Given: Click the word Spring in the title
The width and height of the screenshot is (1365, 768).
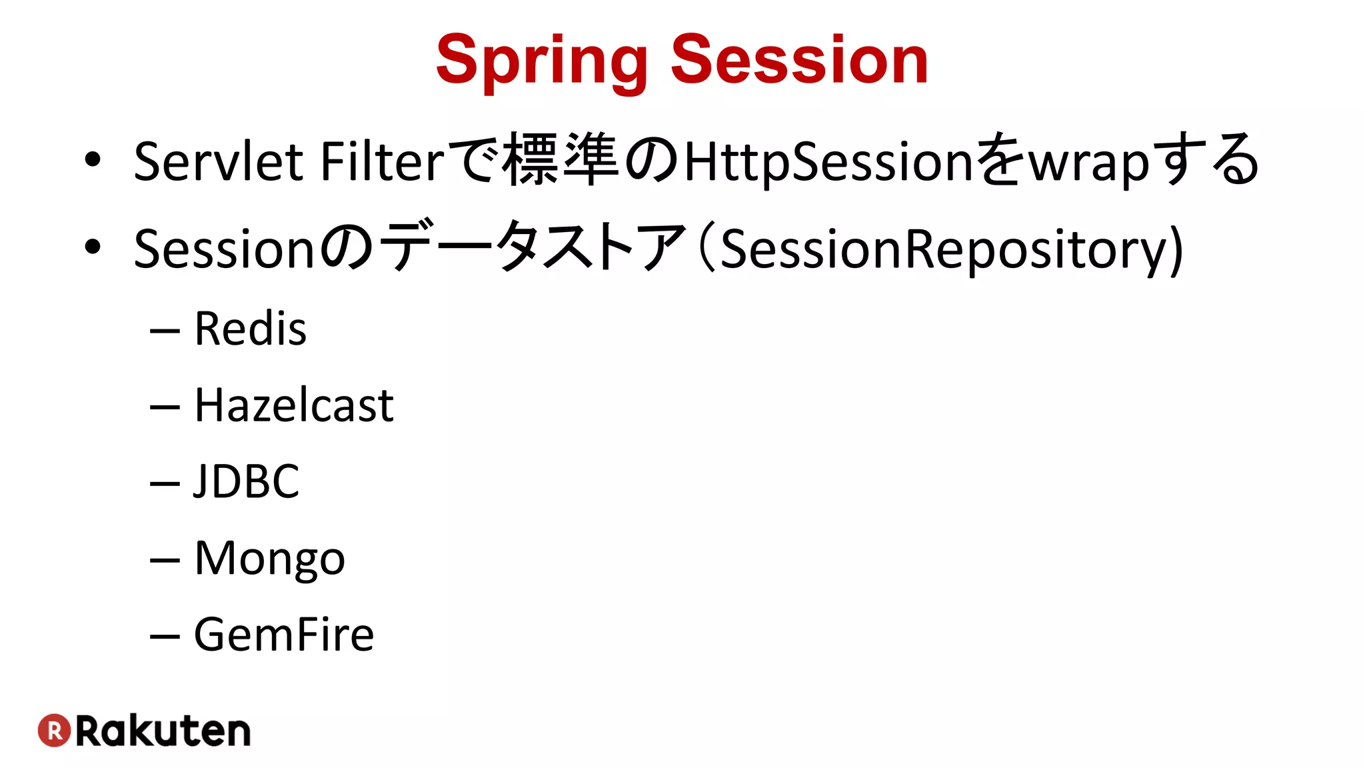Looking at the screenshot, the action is coord(541,61).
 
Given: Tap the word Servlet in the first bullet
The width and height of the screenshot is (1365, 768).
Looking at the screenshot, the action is coord(219,161).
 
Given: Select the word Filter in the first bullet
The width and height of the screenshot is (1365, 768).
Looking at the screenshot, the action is coord(381,161).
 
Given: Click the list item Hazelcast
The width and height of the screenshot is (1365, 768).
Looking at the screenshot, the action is coord(294,405).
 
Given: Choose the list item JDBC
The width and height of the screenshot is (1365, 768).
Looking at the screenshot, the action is coord(247,481).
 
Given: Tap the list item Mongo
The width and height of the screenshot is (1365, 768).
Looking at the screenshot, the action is coord(269,559).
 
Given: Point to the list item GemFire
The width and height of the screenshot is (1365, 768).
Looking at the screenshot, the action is coord(284,634).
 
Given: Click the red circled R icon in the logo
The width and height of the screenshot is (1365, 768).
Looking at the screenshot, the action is coord(54,731).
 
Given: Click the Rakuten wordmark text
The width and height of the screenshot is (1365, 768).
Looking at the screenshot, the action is coord(163,731).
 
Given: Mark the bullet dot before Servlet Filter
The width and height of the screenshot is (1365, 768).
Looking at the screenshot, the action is coord(93,160).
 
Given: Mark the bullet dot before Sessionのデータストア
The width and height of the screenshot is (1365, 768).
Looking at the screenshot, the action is coord(93,247).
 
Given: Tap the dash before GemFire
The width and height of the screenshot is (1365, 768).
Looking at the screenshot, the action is coord(165,637).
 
